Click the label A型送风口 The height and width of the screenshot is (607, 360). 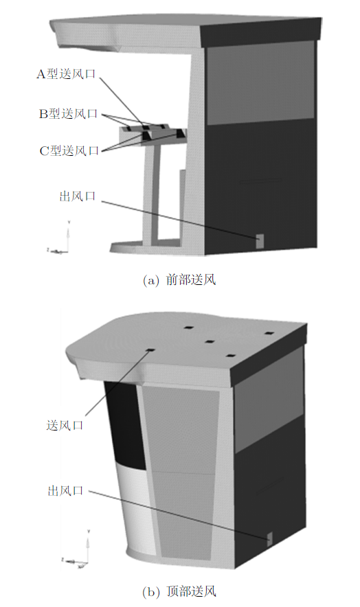tap(66, 74)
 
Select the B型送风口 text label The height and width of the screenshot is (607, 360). tap(68, 114)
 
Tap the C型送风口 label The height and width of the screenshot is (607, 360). tap(69, 150)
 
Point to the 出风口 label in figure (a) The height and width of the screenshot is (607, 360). tap(77, 196)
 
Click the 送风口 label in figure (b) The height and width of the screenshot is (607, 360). tap(65, 425)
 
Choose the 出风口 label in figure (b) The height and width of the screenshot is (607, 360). tap(65, 491)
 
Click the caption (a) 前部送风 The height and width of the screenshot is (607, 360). tap(179, 279)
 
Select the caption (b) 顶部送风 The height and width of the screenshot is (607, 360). tap(179, 591)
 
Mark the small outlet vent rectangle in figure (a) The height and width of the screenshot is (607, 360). tap(260, 241)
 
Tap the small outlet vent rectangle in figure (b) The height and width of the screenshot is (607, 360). tap(270, 539)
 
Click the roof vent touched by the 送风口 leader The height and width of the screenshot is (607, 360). tap(150, 350)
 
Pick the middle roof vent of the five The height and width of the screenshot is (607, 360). tap(210, 342)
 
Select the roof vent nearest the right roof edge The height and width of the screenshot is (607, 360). tap(269, 333)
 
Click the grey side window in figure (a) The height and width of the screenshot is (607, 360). tap(260, 82)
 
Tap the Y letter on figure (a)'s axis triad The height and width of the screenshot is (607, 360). tap(69, 222)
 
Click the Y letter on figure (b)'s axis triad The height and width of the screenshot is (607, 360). tap(89, 531)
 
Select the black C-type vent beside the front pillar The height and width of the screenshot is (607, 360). tap(180, 134)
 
